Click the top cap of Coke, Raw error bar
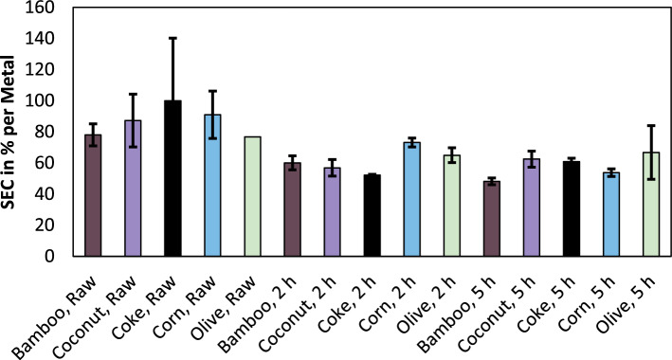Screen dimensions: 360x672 coord(172,38)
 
